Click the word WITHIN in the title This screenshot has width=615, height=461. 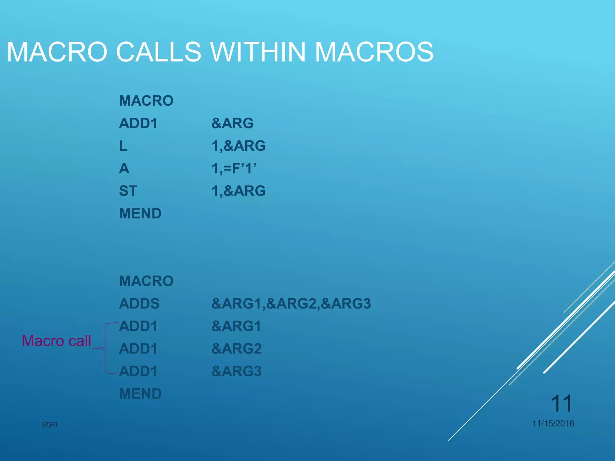258,52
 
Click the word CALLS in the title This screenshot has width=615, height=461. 158,52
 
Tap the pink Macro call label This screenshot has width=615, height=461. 56,341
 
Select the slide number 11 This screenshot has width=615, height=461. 561,403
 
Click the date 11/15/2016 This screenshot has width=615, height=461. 553,423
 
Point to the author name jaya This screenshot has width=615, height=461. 49,423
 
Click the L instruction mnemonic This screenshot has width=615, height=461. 123,146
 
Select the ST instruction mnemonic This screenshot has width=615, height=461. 128,191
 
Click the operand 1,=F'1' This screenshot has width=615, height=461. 234,168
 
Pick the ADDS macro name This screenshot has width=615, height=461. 139,303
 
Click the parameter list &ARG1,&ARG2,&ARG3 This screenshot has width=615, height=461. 291,303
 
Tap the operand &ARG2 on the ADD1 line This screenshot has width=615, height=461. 236,348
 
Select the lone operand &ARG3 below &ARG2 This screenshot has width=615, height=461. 236,371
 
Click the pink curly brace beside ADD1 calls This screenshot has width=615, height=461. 105,348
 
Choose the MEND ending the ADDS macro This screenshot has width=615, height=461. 140,394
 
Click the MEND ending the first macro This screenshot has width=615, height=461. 140,213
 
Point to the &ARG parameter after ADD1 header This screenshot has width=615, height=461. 232,123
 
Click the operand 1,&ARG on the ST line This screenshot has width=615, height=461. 238,191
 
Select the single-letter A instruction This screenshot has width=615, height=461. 124,168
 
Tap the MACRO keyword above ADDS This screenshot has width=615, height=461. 146,281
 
